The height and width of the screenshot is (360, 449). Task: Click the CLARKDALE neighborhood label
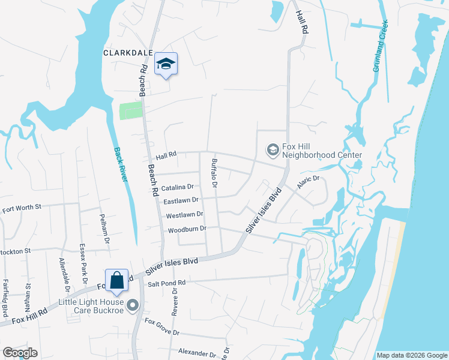(127, 53)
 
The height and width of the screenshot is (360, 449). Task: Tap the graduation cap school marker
(166, 64)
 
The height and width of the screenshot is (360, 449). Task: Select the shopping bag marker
(116, 280)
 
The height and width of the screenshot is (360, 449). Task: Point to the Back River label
(123, 168)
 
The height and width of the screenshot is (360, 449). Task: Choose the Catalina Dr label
(173, 187)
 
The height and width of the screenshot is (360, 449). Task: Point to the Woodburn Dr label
(187, 229)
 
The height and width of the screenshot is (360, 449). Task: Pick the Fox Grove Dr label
(161, 328)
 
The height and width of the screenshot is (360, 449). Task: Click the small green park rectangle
(131, 111)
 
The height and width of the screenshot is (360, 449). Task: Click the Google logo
(20, 353)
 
